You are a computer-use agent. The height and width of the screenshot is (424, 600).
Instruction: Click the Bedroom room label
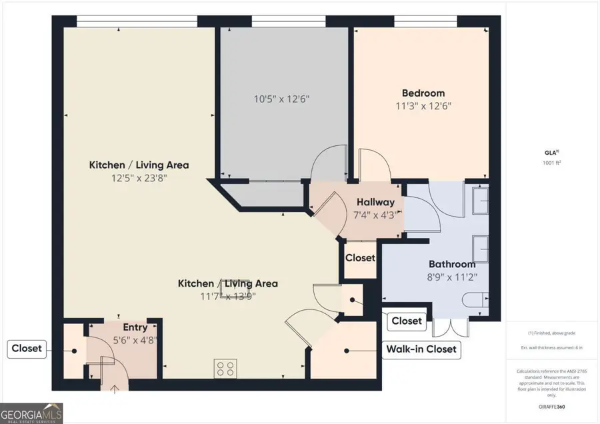(x=423, y=93)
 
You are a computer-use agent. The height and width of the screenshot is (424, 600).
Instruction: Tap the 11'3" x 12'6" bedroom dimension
(x=423, y=105)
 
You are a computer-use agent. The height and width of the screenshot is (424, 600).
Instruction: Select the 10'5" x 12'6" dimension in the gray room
(x=282, y=99)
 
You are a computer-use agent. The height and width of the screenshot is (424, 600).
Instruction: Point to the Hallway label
(x=375, y=202)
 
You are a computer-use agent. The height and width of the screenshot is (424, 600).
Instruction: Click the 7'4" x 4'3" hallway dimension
(x=375, y=215)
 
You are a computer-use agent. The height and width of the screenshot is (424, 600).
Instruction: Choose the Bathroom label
(x=451, y=264)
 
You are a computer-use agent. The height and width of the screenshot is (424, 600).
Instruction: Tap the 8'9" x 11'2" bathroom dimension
(x=451, y=277)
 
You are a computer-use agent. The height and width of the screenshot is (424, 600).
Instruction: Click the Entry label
(x=135, y=327)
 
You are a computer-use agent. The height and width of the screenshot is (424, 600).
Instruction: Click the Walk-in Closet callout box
(x=421, y=349)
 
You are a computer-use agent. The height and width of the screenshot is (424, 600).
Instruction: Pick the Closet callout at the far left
(x=27, y=348)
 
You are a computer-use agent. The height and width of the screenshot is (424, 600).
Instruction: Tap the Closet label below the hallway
(x=360, y=257)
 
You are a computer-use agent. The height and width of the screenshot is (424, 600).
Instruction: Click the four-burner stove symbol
(x=225, y=368)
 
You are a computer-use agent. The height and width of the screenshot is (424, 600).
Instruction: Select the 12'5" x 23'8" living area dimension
(x=139, y=178)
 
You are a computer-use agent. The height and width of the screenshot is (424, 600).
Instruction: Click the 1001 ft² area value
(x=551, y=162)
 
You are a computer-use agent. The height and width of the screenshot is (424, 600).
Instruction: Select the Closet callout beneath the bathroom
(x=406, y=321)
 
